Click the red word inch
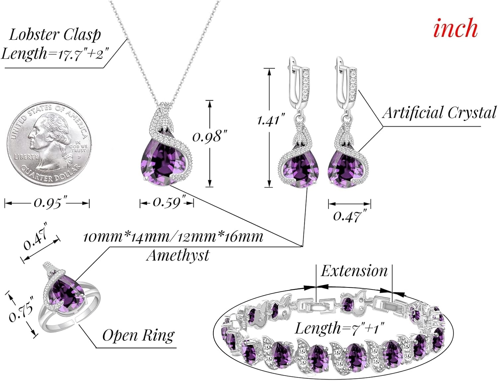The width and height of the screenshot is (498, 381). pyautogui.click(x=455, y=28)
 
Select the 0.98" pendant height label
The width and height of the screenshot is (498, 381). pyautogui.click(x=210, y=136)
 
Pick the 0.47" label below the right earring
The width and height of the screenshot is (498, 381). pyautogui.click(x=347, y=216)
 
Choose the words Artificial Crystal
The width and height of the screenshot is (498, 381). pyautogui.click(x=439, y=113)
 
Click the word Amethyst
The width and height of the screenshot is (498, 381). pyautogui.click(x=178, y=256)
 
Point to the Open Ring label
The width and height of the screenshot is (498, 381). pyautogui.click(x=138, y=335)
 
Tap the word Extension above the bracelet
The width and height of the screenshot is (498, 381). pyautogui.click(x=354, y=271)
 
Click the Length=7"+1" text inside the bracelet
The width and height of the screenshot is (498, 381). pyautogui.click(x=339, y=328)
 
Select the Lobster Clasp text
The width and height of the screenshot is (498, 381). pyautogui.click(x=55, y=35)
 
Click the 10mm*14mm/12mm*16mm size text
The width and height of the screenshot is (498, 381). pyautogui.click(x=173, y=237)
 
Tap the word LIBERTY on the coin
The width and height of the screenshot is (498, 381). pyautogui.click(x=26, y=156)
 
